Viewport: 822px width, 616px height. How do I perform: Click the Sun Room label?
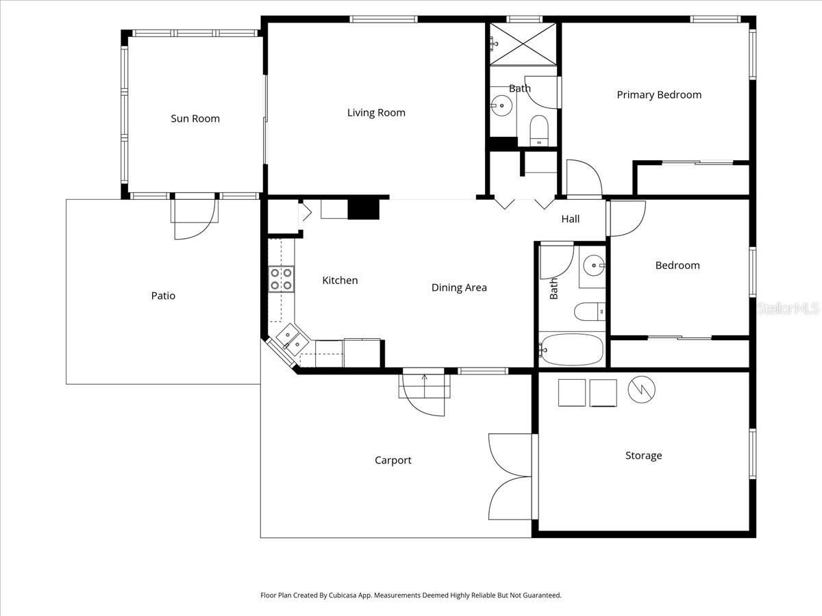(x=195, y=118)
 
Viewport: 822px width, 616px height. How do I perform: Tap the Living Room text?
(x=376, y=112)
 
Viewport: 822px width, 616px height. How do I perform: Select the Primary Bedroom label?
(x=659, y=94)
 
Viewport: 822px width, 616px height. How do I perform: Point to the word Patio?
(x=163, y=296)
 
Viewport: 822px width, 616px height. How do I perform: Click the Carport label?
(x=393, y=461)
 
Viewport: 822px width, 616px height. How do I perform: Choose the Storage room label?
(x=643, y=456)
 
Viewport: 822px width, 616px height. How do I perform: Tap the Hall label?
(x=571, y=219)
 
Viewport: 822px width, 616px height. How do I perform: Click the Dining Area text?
(x=459, y=287)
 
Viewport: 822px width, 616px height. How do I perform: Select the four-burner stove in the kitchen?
(x=282, y=279)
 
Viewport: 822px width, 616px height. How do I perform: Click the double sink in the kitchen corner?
(x=292, y=340)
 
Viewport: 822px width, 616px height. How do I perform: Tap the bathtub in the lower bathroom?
(x=571, y=349)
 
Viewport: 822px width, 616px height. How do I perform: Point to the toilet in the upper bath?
(x=539, y=131)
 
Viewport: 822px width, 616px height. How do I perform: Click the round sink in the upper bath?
(x=501, y=106)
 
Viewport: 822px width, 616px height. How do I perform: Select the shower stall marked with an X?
(x=523, y=44)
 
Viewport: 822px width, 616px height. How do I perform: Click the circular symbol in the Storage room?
(x=641, y=389)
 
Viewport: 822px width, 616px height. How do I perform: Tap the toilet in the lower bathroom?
(x=590, y=312)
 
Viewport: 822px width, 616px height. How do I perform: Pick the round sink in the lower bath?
(x=595, y=266)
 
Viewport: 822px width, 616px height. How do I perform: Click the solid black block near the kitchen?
(x=364, y=209)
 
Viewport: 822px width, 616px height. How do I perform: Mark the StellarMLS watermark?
(x=788, y=308)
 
